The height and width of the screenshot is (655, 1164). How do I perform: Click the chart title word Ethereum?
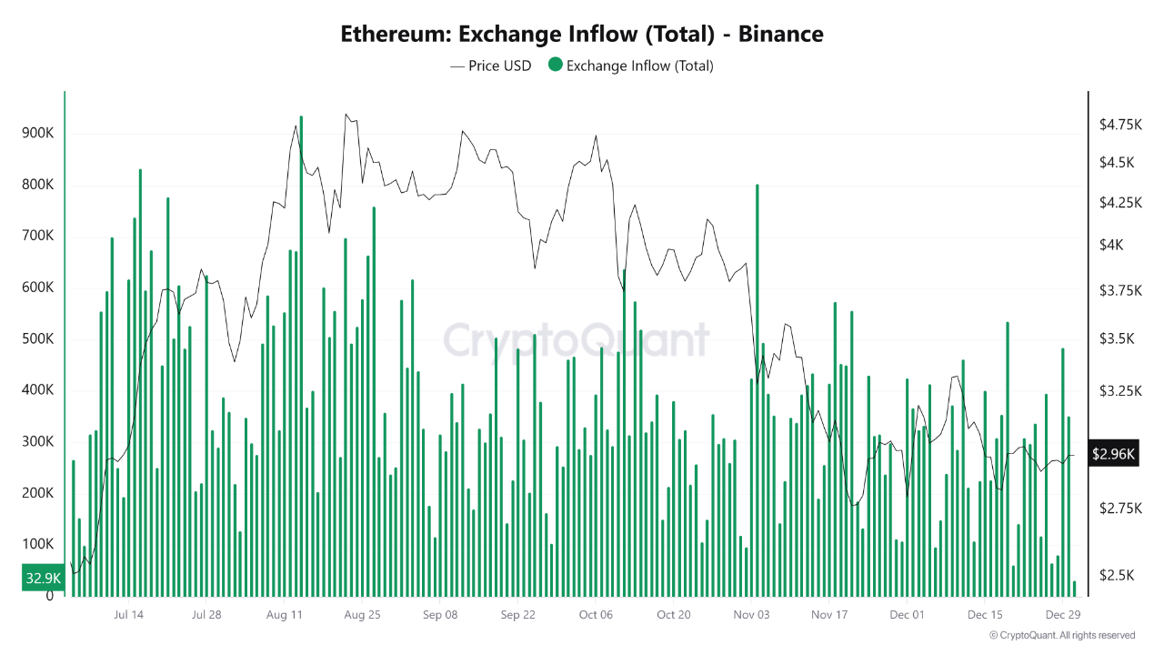point(396,35)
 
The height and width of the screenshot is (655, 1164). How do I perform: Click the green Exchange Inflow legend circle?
point(555,65)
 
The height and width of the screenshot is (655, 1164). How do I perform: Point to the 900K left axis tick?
point(37,134)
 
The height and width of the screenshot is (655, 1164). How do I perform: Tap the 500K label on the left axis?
point(37,339)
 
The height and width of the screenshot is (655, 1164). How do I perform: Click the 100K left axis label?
point(37,544)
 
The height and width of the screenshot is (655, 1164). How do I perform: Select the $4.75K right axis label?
point(1119,124)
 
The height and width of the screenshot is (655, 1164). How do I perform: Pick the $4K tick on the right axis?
point(1110,245)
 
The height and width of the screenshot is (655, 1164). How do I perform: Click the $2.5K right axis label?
point(1116,575)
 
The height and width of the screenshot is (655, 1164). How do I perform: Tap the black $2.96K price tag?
point(1114,454)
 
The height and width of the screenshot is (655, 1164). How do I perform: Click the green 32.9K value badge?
point(43,578)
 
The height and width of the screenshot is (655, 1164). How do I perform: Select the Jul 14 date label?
point(128,614)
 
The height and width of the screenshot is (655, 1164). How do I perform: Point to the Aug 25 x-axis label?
point(362,614)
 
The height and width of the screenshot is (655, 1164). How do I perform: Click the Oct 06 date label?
point(596,614)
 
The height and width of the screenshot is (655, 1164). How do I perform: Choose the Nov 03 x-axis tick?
point(751,614)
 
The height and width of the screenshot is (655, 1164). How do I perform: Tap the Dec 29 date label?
point(1062,614)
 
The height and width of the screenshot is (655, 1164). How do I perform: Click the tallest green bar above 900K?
point(301,355)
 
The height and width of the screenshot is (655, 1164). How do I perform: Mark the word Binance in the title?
point(780,35)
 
